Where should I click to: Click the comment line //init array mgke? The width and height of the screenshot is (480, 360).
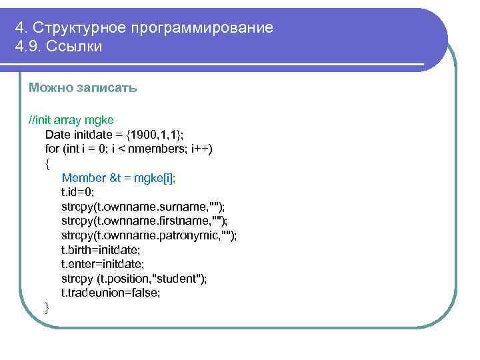coord(71,120)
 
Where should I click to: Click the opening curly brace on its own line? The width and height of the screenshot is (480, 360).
coord(47,163)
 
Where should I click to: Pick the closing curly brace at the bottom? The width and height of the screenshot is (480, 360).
coord(47,307)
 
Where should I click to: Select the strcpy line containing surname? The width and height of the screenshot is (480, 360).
coord(143,206)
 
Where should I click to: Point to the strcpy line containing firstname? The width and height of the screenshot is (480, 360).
coord(144,221)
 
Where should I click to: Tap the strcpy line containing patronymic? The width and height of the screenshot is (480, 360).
coord(149,235)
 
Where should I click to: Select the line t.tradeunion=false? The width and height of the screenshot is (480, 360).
coord(111,293)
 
